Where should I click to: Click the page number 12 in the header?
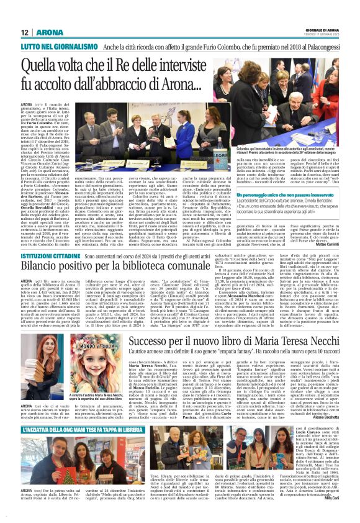coord(25,32)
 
